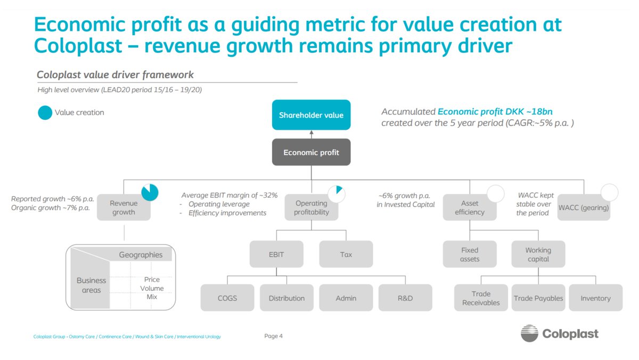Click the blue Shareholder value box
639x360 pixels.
pyautogui.click(x=311, y=115)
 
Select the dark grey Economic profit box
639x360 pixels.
pyautogui.click(x=311, y=152)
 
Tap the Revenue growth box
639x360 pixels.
pyautogui.click(x=124, y=208)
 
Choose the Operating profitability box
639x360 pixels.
pyautogui.click(x=311, y=208)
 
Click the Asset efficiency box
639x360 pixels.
pyautogui.click(x=470, y=208)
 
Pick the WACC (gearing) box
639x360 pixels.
pyautogui.click(x=584, y=208)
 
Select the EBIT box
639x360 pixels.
pyautogui.click(x=276, y=254)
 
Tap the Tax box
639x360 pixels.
pyautogui.click(x=346, y=254)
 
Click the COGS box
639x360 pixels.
pyautogui.click(x=227, y=298)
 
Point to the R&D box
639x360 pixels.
pyautogui.click(x=405, y=298)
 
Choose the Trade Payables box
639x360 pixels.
pyautogui.click(x=538, y=298)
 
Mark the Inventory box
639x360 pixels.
pyautogui.click(x=595, y=298)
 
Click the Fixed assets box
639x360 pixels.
pyautogui.click(x=470, y=254)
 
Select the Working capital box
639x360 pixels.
pyautogui.click(x=538, y=254)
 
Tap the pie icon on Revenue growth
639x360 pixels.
pyautogui.click(x=150, y=192)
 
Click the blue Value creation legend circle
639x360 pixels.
pyautogui.click(x=45, y=112)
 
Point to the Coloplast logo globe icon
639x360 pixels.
pyautogui.click(x=529, y=333)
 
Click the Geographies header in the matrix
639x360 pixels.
pyautogui.click(x=141, y=255)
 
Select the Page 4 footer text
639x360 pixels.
pyautogui.click(x=273, y=336)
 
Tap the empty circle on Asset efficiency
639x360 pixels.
pyautogui.click(x=495, y=193)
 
